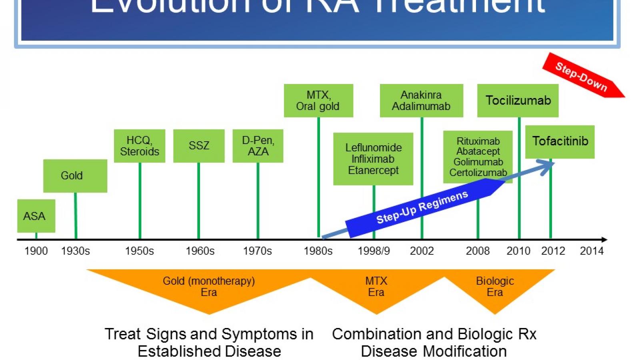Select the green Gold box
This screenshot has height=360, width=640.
[x=75, y=176]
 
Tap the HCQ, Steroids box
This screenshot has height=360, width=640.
[x=139, y=146]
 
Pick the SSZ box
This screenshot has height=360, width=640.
[x=198, y=146]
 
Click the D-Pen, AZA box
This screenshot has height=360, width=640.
[x=258, y=146]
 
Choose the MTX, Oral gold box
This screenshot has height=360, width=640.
[x=318, y=100]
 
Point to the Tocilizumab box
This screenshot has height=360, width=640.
[x=518, y=100]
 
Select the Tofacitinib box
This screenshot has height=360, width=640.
[x=560, y=141]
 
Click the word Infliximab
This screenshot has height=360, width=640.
[x=373, y=159]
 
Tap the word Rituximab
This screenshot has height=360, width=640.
[x=478, y=141]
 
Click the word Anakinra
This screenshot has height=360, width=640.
[x=421, y=95]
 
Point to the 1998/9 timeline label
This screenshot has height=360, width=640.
[x=374, y=251]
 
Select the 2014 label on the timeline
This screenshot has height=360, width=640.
[x=591, y=251]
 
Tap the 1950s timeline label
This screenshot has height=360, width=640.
[x=139, y=251]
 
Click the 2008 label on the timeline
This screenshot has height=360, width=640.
[x=478, y=251]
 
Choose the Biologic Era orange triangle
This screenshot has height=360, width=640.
[x=495, y=286]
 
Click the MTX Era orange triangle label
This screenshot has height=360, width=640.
[x=376, y=286]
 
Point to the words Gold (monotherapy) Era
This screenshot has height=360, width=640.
[x=209, y=286]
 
